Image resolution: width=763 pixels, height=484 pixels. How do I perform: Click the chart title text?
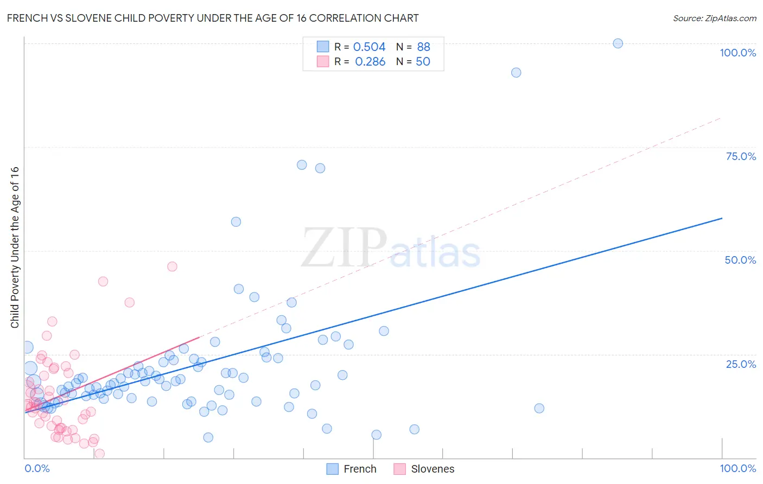(x=213, y=18)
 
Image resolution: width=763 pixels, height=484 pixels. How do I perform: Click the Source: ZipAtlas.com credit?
(x=714, y=18)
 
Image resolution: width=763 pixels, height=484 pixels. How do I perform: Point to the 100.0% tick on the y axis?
(x=737, y=53)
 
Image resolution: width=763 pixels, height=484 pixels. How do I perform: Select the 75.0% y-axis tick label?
(x=741, y=156)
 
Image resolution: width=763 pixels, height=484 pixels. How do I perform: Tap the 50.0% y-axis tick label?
(x=740, y=260)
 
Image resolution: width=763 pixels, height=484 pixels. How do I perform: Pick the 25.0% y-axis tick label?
(x=741, y=364)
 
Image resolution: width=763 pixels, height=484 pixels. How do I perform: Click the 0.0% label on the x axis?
(x=37, y=468)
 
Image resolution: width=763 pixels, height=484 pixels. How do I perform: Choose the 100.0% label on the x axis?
(x=737, y=468)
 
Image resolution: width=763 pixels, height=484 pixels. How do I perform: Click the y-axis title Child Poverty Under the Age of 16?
(x=15, y=247)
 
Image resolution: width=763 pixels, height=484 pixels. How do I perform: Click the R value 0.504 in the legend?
(x=369, y=47)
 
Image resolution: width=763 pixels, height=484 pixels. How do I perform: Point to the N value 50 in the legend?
(x=423, y=62)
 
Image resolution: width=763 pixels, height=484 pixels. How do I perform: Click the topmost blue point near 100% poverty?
(x=618, y=43)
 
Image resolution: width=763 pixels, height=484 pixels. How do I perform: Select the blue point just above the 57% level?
(x=236, y=221)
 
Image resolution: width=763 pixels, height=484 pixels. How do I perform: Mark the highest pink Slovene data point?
(x=172, y=266)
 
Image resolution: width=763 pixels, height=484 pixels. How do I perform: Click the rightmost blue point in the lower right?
(x=539, y=408)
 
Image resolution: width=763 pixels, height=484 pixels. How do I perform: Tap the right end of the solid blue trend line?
(x=722, y=218)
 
